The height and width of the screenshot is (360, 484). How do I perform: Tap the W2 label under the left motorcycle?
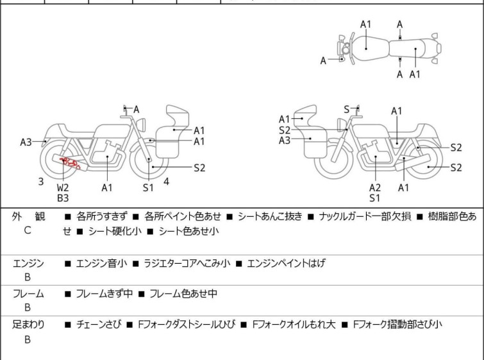pyautogui.click(x=63, y=187)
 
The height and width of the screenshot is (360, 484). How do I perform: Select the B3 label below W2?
pyautogui.click(x=63, y=198)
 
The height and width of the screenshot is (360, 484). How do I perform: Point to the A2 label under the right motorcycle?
pyautogui.click(x=375, y=187)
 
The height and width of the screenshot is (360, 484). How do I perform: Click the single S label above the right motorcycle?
pyautogui.click(x=346, y=110)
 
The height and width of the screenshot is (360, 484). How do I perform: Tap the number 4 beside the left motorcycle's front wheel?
pyautogui.click(x=166, y=182)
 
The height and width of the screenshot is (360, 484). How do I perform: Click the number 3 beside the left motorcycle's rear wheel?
pyautogui.click(x=41, y=182)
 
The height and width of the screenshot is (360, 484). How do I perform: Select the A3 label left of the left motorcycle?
pyautogui.click(x=26, y=142)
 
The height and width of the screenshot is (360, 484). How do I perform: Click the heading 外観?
pyautogui.click(x=28, y=217)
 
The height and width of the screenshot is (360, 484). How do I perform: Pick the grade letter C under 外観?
pyautogui.click(x=28, y=229)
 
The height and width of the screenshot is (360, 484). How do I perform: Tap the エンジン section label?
pyautogui.click(x=28, y=262)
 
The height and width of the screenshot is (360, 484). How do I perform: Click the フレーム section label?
pyautogui.click(x=28, y=294)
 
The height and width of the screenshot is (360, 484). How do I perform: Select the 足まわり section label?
pyautogui.click(x=28, y=325)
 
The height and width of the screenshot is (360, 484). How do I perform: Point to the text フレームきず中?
pyautogui.click(x=104, y=294)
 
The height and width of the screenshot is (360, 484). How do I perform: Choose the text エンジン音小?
pyautogui.click(x=101, y=262)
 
